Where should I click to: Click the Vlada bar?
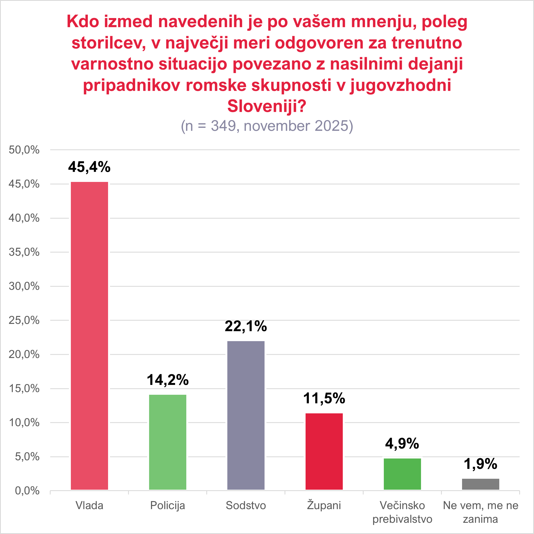click(x=89, y=336)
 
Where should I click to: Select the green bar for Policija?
click(x=167, y=442)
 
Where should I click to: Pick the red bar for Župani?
click(x=324, y=452)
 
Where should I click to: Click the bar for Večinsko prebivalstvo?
click(x=402, y=474)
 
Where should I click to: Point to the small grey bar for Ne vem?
click(x=480, y=484)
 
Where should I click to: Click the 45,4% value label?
click(x=89, y=167)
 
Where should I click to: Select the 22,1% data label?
click(x=246, y=326)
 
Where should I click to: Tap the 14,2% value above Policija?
click(x=167, y=380)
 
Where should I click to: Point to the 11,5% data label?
click(x=324, y=398)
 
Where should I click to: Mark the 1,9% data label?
click(x=480, y=464)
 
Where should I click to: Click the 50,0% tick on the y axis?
click(x=24, y=150)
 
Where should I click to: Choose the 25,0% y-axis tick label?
click(x=24, y=320)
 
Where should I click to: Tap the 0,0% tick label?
click(x=27, y=491)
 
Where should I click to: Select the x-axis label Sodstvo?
click(x=246, y=506)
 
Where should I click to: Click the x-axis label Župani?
click(x=324, y=505)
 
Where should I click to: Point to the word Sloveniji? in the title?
click(x=267, y=106)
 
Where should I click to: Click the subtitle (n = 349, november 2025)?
click(x=267, y=126)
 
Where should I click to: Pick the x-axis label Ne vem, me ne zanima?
click(x=480, y=512)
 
